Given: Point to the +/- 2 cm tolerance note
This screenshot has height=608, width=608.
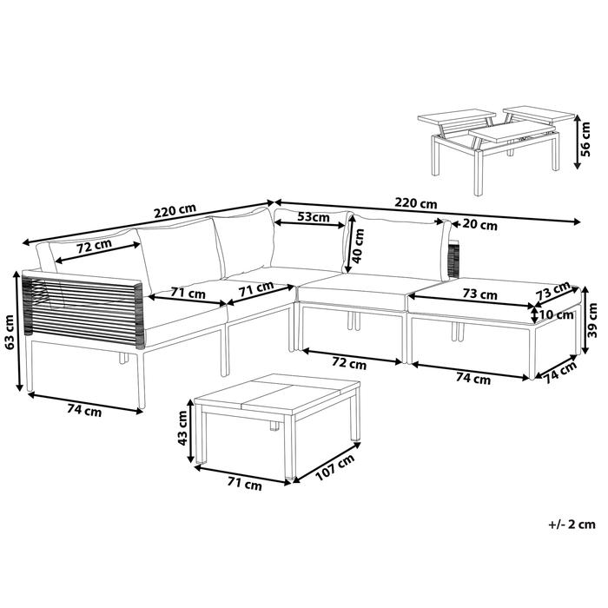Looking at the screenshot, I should click(x=572, y=524).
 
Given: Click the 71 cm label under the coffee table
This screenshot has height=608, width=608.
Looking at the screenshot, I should click(x=243, y=486).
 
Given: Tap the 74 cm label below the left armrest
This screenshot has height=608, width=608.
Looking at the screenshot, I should click(x=83, y=411).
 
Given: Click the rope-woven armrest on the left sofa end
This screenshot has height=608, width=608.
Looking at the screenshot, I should click(x=83, y=304).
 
